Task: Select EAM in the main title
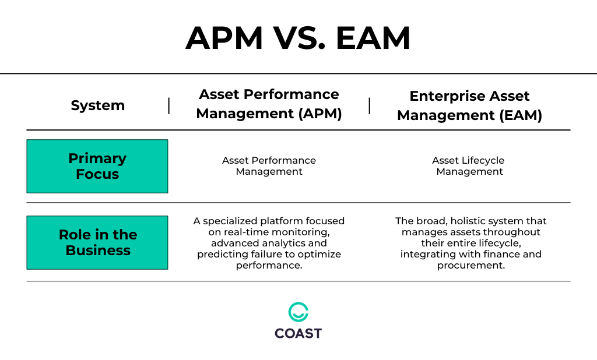click(x=373, y=39)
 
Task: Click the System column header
click(x=97, y=105)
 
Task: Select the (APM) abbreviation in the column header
click(x=320, y=113)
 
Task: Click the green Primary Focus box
click(x=97, y=166)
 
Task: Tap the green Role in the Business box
click(x=97, y=242)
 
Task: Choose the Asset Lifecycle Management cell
click(x=469, y=166)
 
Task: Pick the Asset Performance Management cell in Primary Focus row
click(x=269, y=166)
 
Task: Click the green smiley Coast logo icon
click(x=298, y=312)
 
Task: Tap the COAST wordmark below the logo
click(x=298, y=334)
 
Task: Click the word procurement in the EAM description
click(x=469, y=266)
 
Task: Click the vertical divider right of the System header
click(x=169, y=105)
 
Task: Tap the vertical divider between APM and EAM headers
click(x=370, y=105)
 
